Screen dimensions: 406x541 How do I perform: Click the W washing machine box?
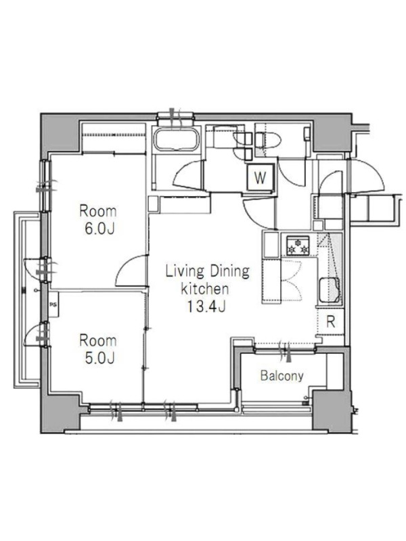pos(261,177)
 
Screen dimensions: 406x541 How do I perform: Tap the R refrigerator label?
pos(331,322)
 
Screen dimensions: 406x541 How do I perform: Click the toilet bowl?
pos(268,141)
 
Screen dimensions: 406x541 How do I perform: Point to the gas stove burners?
pos(297,245)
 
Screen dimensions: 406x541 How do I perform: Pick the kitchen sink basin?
pos(330,291)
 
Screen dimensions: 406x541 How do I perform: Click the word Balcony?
pos(282,376)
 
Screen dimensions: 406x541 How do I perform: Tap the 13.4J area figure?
pos(206,306)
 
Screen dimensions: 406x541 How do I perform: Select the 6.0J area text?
pos(99,229)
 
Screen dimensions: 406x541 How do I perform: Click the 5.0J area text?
pos(99,358)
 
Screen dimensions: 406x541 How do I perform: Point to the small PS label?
pos(53,305)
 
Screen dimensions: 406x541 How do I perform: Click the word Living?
pos(184,272)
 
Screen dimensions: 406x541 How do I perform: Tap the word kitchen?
pos(205,289)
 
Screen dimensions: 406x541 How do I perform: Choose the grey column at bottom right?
pos(331,410)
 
